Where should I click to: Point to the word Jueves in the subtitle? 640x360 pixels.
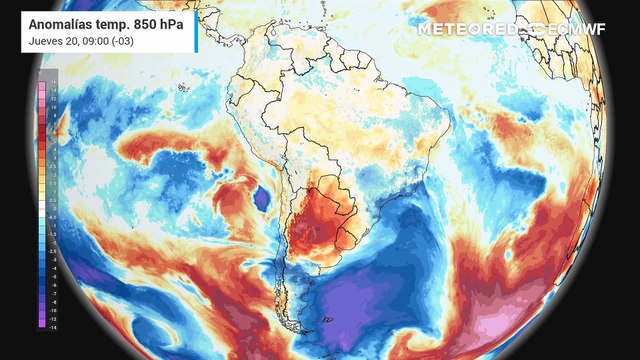pos(46,40)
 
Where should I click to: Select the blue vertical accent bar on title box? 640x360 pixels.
pos(195,31)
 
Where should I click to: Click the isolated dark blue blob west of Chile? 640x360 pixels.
pos(262,196)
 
